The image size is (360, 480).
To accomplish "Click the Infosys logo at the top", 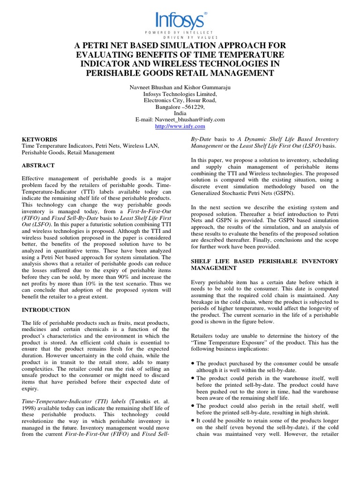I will pyautogui.click(x=180, y=20).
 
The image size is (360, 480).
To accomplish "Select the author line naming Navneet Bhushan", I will pyautogui.click(x=180, y=86).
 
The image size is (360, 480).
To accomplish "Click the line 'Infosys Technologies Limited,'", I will pyautogui.click(x=180, y=93).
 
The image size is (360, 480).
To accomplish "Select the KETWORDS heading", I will pyautogui.click(x=40, y=140).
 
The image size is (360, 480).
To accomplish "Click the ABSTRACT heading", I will pyautogui.click(x=38, y=166).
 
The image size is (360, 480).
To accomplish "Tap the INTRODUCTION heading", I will pyautogui.click(x=46, y=310).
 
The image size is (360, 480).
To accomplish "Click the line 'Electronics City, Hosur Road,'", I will pyautogui.click(x=180, y=100).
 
